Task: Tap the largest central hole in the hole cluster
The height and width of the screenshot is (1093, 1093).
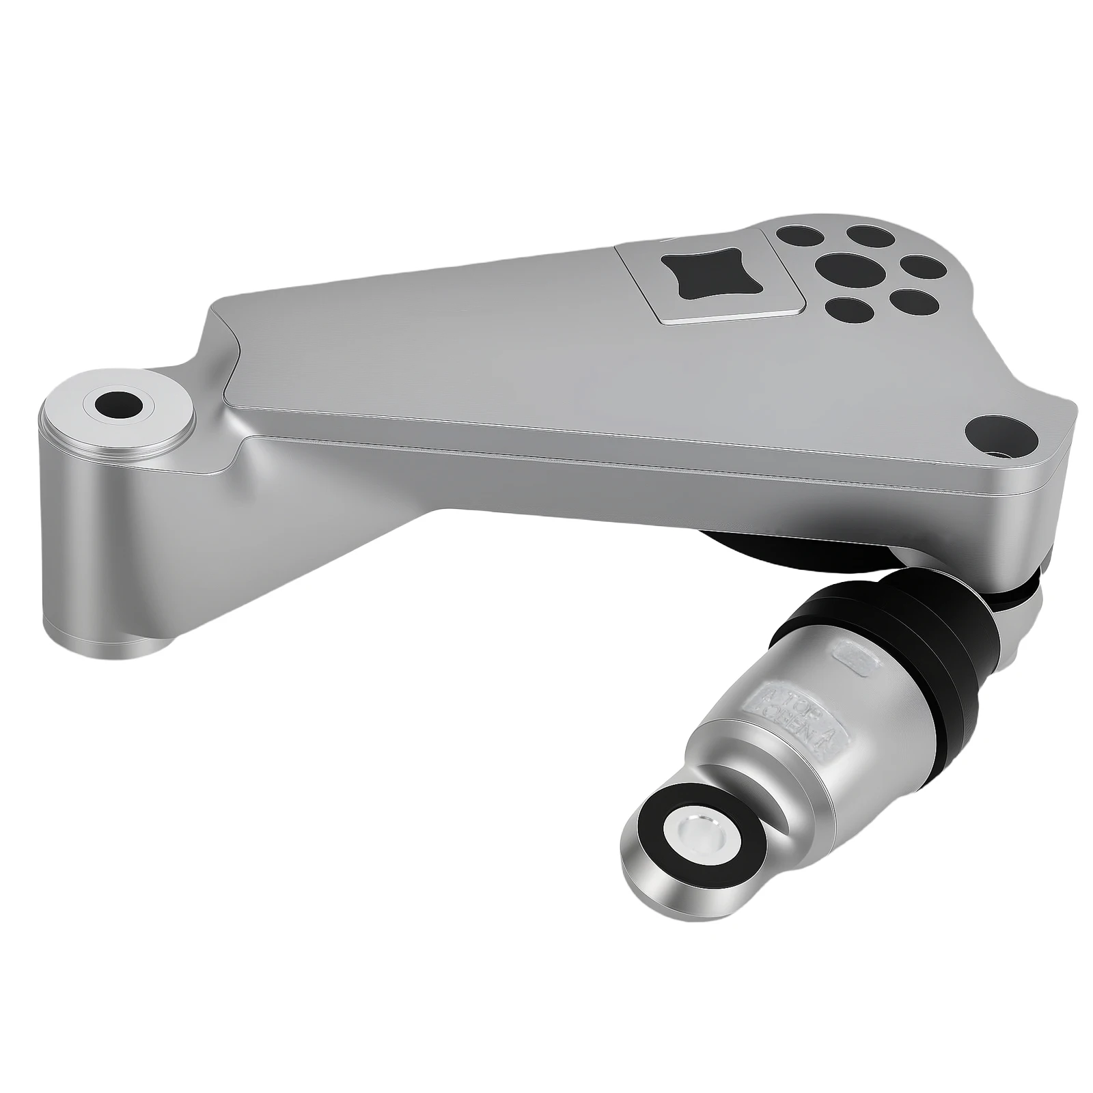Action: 840,268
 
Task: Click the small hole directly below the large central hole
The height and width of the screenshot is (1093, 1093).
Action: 849,309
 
